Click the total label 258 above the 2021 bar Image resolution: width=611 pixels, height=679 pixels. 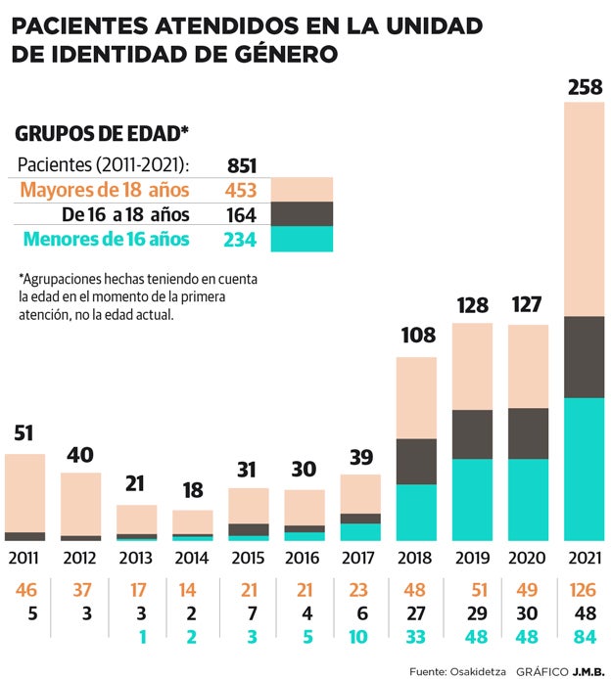[585, 88]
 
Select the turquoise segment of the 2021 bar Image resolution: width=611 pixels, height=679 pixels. [585, 470]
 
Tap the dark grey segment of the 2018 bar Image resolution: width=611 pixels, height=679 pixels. [416, 461]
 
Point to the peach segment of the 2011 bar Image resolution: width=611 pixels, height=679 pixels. [25, 492]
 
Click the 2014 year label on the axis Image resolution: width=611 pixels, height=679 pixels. [193, 559]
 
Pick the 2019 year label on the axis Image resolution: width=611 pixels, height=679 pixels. [472, 559]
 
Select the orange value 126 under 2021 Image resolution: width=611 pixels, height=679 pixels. [585, 591]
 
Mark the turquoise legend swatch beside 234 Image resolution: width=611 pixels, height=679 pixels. [303, 240]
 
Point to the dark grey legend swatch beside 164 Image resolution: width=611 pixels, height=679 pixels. [303, 214]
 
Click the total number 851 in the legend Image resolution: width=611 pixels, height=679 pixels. [242, 164]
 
